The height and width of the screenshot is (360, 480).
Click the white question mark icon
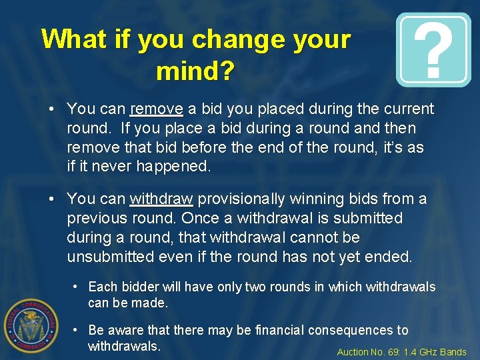433,50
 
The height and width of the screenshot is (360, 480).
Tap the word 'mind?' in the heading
195,71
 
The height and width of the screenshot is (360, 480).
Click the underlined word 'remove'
157,109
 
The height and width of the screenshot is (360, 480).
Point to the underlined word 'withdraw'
161,199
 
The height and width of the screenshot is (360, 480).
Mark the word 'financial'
305,330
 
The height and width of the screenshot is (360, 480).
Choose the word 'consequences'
369,330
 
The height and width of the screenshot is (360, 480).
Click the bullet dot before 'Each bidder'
77,287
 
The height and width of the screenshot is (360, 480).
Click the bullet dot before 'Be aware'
77,329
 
